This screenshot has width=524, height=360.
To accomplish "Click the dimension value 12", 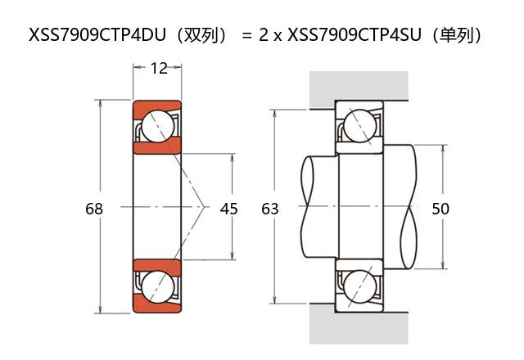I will [159, 68].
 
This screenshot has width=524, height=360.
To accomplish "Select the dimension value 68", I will [94, 209].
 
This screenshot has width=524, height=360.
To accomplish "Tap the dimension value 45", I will [229, 209].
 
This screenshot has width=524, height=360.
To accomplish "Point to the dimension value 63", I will [270, 209].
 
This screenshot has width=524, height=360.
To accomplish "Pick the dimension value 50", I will [440, 209].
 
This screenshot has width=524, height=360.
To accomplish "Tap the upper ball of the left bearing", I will [157, 127].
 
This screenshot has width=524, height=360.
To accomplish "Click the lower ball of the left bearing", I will [157, 287].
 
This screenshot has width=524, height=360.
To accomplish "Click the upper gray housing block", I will [359, 88].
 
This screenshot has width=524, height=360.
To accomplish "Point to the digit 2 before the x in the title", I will [264, 36].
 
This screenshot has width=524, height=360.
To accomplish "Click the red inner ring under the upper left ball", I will [157, 147].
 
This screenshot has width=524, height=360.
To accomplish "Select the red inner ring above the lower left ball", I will [157, 267].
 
